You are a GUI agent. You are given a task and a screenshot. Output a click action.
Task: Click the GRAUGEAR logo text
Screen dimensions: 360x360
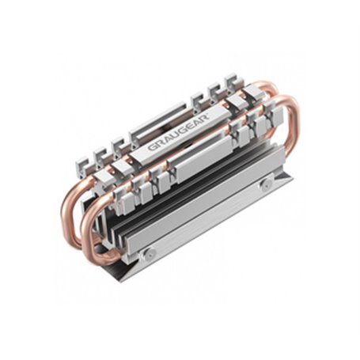pos(177,135)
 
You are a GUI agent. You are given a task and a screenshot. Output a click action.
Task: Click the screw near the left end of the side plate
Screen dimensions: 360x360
pos(147,252)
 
